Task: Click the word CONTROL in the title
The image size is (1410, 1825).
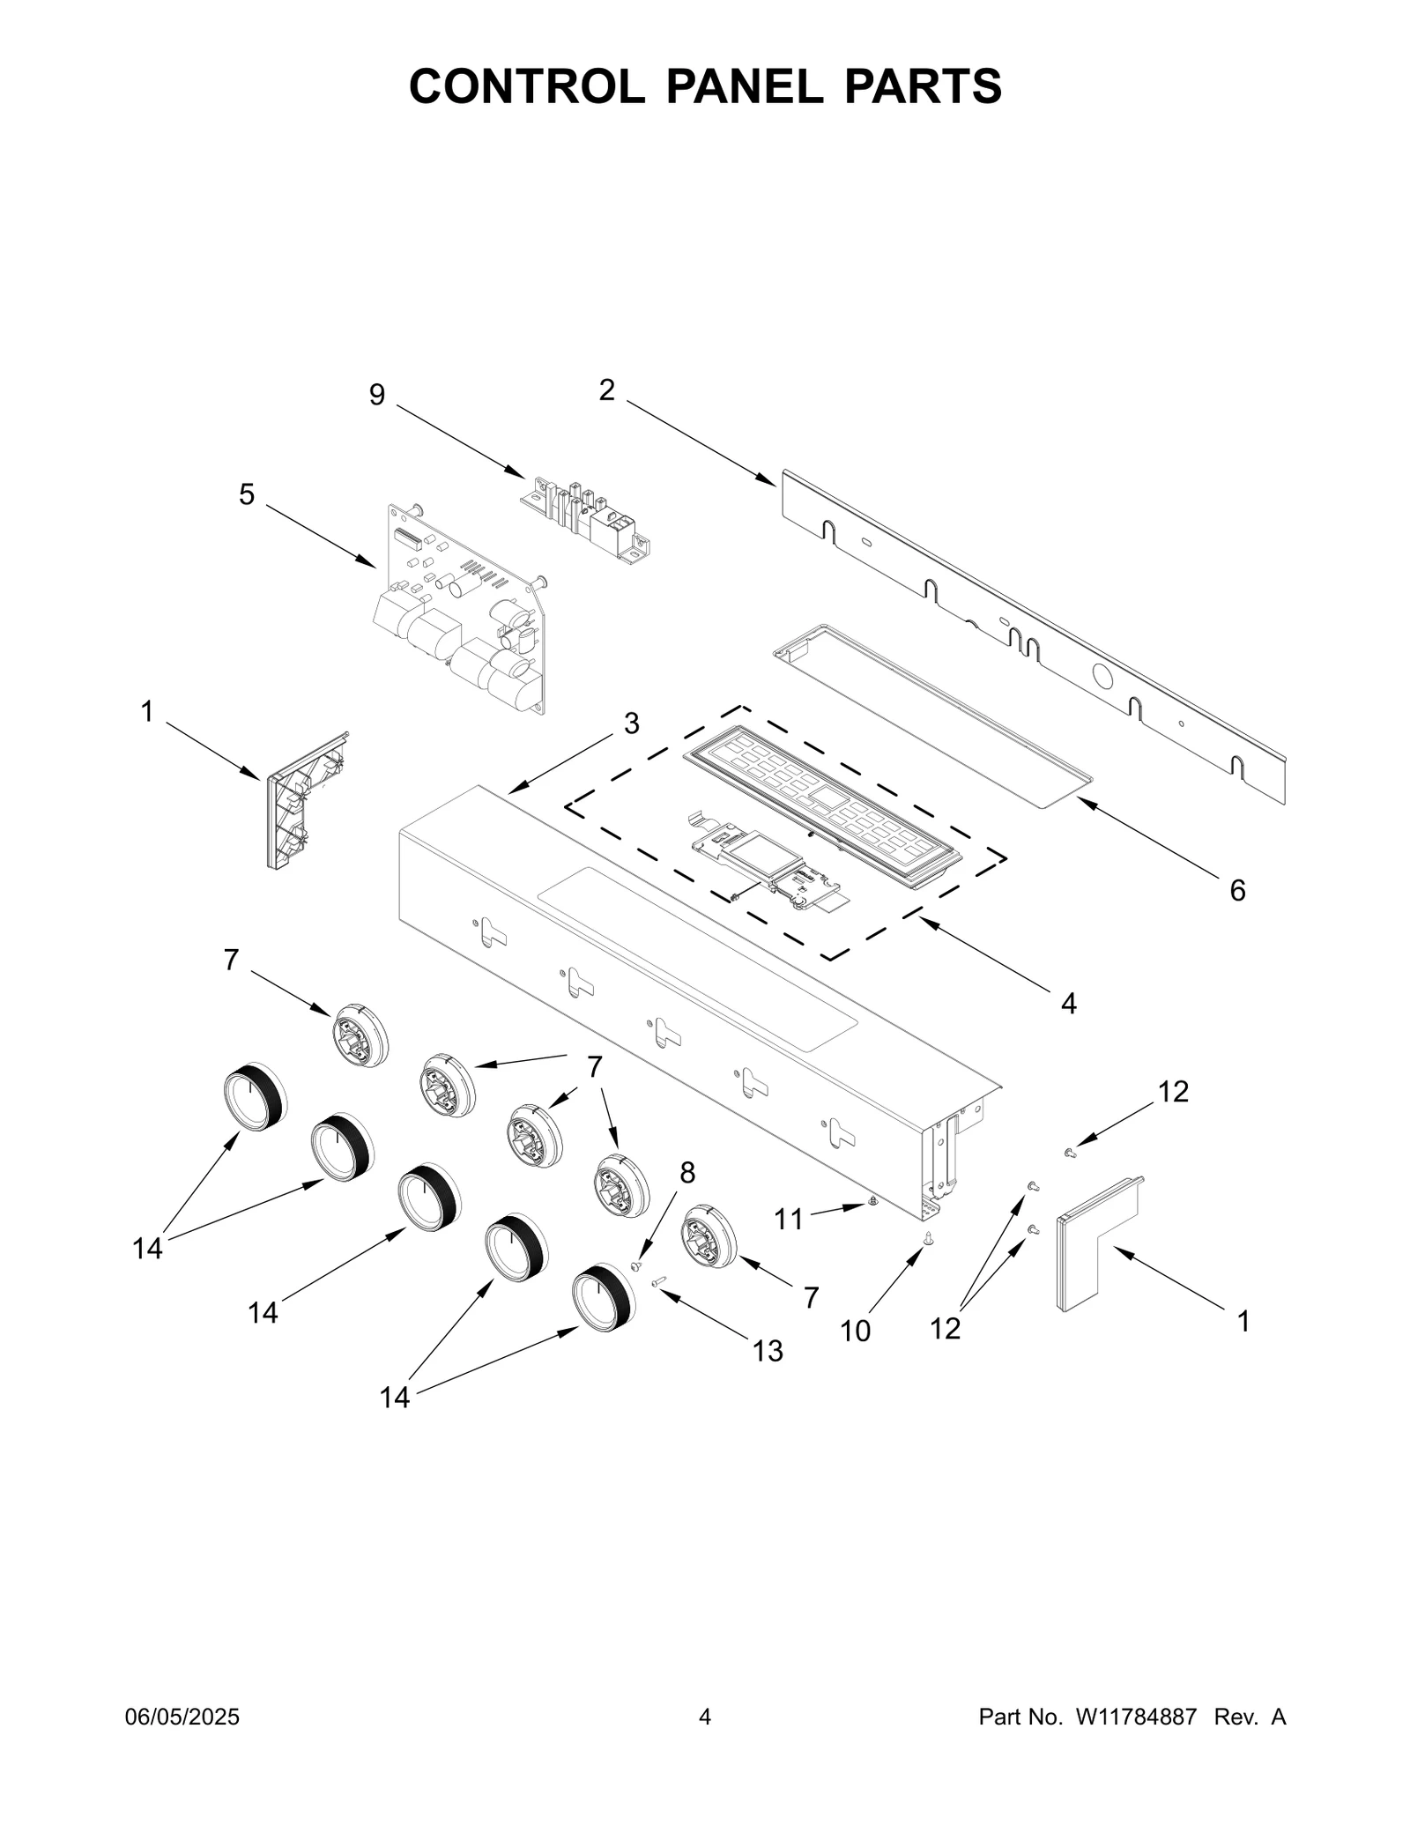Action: point(526,86)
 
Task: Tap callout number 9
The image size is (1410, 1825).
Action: point(377,396)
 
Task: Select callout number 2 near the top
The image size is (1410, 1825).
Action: point(606,390)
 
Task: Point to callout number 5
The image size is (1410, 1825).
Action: point(247,495)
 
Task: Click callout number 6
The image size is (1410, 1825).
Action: point(1237,891)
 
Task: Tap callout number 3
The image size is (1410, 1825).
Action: point(631,723)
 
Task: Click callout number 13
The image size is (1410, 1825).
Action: point(768,1351)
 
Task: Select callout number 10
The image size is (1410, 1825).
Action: point(855,1332)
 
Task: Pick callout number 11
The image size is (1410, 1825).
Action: point(789,1220)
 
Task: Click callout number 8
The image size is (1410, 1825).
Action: point(687,1173)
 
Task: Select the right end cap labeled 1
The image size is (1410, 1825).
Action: point(1097,1243)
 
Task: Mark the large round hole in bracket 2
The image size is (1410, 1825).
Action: point(1102,677)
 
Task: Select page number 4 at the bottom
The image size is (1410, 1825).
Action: point(704,1717)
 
